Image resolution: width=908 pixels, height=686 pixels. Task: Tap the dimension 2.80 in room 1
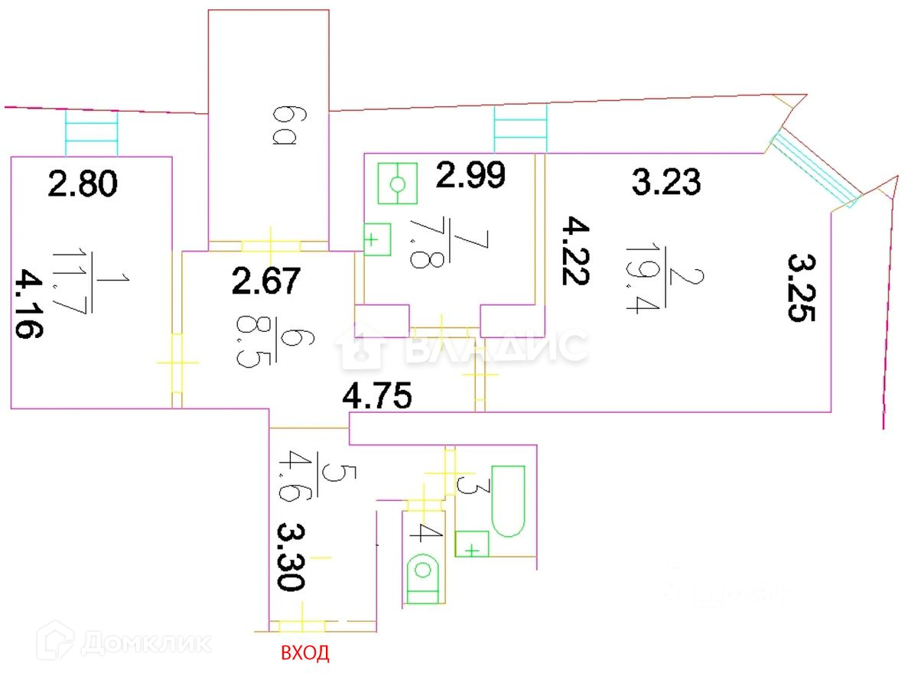pyautogui.click(x=82, y=184)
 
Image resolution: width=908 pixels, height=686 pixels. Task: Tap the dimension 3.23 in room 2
pyautogui.click(x=666, y=183)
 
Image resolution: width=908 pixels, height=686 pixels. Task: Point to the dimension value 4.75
pyautogui.click(x=378, y=397)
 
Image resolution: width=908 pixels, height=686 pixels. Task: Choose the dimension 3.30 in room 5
pyautogui.click(x=291, y=556)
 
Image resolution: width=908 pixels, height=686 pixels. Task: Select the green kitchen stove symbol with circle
pyautogui.click(x=397, y=184)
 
